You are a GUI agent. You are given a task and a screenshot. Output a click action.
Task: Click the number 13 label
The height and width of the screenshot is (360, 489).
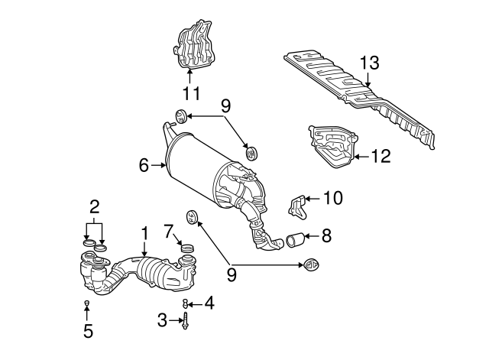click(369, 63)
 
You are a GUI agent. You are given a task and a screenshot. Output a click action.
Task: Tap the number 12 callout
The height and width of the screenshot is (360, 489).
click(381, 157)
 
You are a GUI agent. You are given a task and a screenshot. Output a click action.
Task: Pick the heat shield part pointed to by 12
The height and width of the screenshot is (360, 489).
click(332, 144)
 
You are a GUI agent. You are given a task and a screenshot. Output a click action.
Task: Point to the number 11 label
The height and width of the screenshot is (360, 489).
click(190, 94)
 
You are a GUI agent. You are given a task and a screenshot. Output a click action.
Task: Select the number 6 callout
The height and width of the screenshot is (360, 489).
click(143, 164)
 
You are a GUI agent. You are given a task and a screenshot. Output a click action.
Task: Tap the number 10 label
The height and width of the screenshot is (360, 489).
click(333, 198)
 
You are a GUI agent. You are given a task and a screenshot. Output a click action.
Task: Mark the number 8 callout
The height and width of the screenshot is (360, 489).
click(326, 236)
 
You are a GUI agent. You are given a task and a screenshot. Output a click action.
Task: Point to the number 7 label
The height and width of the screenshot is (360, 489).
click(169, 231)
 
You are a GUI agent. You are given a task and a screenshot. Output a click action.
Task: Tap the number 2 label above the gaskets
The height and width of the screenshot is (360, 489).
click(95, 206)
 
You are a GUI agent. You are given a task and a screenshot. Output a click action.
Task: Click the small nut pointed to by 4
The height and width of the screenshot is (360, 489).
click(185, 305)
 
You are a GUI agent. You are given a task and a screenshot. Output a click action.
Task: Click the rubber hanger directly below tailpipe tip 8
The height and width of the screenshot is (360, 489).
click(311, 265)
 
